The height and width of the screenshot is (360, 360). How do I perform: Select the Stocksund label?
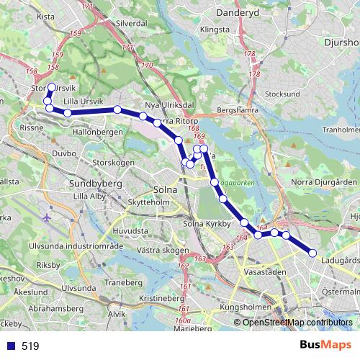[282, 94]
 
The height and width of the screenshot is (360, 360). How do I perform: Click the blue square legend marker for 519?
[11, 346]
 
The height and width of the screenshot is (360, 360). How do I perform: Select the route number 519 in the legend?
[30, 346]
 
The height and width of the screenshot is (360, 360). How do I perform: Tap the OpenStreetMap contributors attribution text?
[297, 322]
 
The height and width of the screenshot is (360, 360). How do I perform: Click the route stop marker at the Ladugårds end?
[312, 252]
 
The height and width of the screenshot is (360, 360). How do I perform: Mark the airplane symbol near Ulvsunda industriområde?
[48, 217]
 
